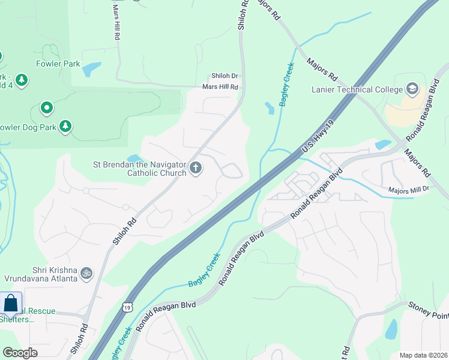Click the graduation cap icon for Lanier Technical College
pyautogui.click(x=412, y=89)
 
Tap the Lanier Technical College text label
pyautogui.click(x=357, y=90)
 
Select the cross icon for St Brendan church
pyautogui.click(x=195, y=169)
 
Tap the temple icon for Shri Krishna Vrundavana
pyautogui.click(x=87, y=273)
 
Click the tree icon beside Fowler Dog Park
pyautogui.click(x=65, y=127)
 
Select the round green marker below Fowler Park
pyautogui.click(x=46, y=109)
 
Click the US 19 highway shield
pyautogui.click(x=127, y=307)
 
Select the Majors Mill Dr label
pyautogui.click(x=409, y=189)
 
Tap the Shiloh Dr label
pyautogui.click(x=224, y=76)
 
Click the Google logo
pyautogui.click(x=20, y=352)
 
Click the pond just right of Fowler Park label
pyautogui.click(x=92, y=70)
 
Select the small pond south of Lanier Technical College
pyautogui.click(x=382, y=144)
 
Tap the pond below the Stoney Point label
pyautogui.click(x=391, y=329)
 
